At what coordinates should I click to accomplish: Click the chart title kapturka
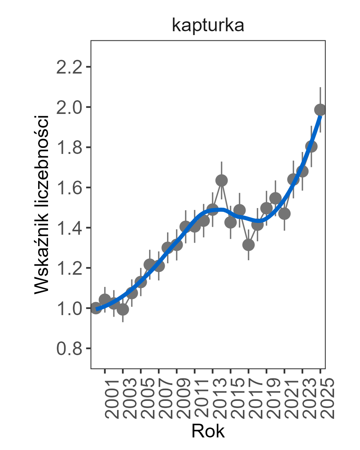208,26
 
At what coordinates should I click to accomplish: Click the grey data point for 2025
320,110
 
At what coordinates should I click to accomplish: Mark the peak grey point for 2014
222,180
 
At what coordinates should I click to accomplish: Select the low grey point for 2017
248,245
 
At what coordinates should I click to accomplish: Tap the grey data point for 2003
123,309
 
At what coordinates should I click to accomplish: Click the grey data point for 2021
284,214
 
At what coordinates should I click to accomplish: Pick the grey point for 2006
149,265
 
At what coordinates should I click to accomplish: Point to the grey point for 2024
311,147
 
